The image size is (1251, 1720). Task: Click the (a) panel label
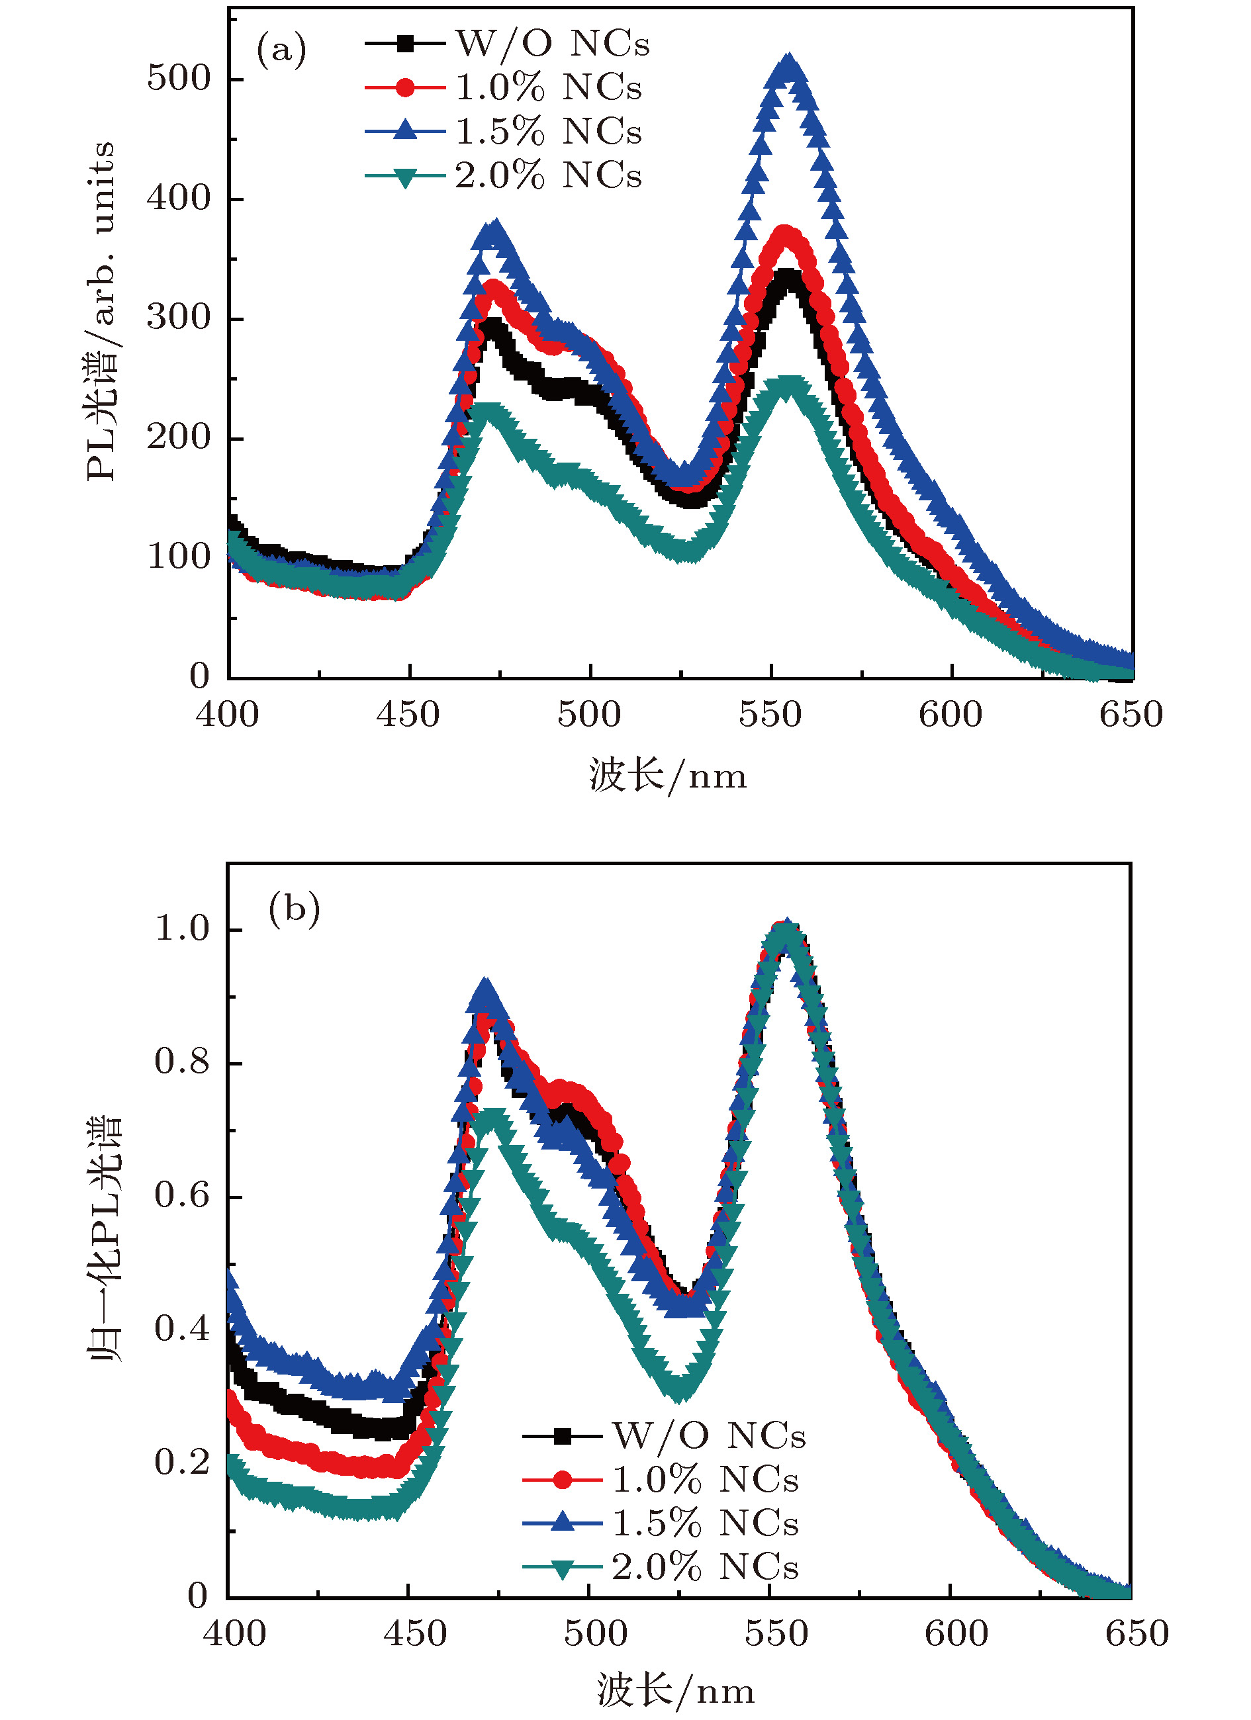coord(281,51)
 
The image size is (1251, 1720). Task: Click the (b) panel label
coord(294,909)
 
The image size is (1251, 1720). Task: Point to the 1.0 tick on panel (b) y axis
coord(182,928)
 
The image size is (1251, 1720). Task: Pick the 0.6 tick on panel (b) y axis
coord(182,1195)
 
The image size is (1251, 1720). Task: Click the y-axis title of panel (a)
coord(101,311)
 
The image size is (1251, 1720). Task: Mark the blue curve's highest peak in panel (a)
coord(789,64)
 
